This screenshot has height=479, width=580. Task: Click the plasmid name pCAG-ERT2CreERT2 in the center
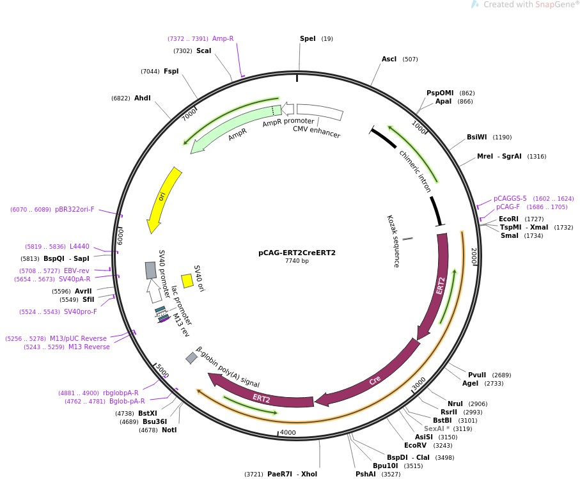pos(297,253)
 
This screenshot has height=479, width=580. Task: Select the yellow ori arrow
pos(163,199)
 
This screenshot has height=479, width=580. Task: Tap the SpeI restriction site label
pos(308,39)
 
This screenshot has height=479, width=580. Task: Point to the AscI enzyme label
pos(389,59)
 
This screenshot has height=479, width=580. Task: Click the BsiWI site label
pos(476,137)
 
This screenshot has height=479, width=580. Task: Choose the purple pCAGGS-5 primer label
pos(510,198)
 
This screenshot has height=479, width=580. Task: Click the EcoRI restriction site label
pos(509,219)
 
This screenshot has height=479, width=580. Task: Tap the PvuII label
pos(477,375)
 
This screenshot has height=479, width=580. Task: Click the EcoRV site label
pos(415,445)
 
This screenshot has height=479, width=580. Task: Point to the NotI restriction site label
pos(169,430)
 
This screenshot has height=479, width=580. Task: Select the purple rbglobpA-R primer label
pos(125,393)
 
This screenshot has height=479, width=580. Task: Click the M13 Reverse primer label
pos(89,347)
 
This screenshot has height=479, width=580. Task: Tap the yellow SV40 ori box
pos(187,280)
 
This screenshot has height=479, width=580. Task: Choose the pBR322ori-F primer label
pos(74,209)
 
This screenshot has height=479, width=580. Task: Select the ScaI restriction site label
pos(203,51)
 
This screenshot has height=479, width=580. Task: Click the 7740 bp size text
pos(297,261)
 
